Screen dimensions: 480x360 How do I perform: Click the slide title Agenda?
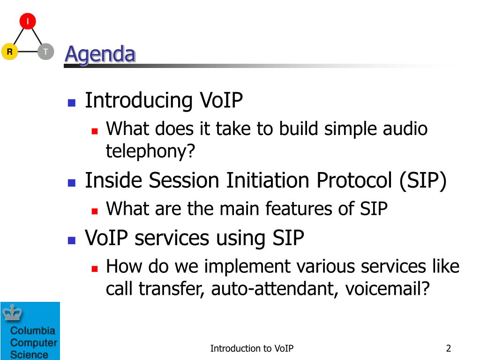pyautogui.click(x=100, y=54)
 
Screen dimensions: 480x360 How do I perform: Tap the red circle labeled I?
pyautogui.click(x=28, y=21)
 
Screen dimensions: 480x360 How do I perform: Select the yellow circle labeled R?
pyautogui.click(x=10, y=52)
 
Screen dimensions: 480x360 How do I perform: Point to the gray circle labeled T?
pyautogui.click(x=45, y=52)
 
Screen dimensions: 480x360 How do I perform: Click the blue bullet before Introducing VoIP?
pyautogui.click(x=72, y=103)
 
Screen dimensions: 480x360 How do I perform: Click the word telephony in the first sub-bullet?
pyautogui.click(x=146, y=151)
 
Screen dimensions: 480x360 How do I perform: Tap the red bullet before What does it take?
pyautogui.click(x=95, y=131)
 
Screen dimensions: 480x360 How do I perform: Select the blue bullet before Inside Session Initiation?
pyautogui.click(x=72, y=183)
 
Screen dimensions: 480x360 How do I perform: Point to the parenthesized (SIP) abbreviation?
pyautogui.click(x=423, y=181)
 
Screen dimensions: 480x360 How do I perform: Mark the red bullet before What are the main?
pyautogui.click(x=95, y=211)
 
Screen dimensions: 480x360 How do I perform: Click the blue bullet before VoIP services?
pyautogui.click(x=72, y=240)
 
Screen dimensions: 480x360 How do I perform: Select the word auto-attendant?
pyautogui.click(x=275, y=289)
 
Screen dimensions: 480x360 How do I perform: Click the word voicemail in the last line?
pyautogui.click(x=383, y=289)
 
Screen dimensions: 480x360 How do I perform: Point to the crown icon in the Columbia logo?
pyautogui.click(x=12, y=313)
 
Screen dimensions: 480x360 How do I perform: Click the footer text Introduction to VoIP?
pyautogui.click(x=252, y=348)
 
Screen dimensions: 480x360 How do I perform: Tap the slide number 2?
pyautogui.click(x=449, y=348)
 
